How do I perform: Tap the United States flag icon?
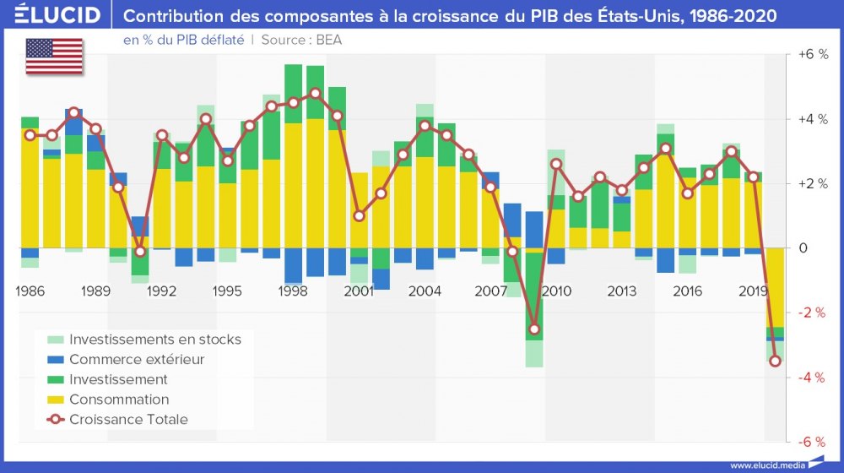coord(54,56)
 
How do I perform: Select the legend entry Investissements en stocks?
coord(155,340)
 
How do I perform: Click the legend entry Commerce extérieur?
coord(137,360)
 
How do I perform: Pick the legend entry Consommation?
coord(119,400)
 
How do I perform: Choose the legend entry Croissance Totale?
coord(128,420)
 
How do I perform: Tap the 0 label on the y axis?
coord(803,248)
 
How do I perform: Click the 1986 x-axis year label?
coord(30,291)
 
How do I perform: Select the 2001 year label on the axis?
coord(359,291)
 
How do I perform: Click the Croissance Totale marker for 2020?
coord(776,362)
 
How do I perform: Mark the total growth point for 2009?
coord(534,329)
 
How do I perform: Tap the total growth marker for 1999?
coord(315,93)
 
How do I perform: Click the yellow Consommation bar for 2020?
coord(776,287)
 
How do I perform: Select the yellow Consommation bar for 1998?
coord(293,186)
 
